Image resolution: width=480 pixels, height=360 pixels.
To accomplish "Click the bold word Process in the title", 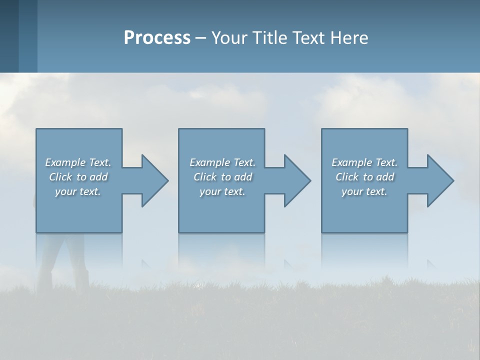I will pos(157,38).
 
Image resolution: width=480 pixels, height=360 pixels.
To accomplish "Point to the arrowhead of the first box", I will pos(154,180).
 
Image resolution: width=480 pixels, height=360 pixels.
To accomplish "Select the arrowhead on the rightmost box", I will pos(440,180).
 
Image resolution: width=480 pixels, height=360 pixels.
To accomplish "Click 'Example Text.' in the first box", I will pos(78,162).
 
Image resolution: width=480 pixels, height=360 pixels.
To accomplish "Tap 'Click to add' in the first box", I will pos(78,177).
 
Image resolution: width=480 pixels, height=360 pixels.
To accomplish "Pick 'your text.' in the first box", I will pos(78,191).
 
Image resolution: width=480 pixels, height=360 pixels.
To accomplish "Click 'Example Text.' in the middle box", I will pos(222,162).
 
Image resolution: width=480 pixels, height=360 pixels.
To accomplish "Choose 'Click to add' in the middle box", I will pos(222,177).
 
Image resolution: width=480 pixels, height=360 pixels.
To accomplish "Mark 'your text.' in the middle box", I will pos(222,191).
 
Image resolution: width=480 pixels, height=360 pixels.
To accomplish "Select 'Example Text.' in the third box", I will pos(364,162).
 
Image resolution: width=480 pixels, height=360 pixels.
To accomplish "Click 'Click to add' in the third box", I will pos(364,177).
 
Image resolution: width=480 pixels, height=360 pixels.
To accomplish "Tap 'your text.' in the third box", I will pos(364,191).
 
